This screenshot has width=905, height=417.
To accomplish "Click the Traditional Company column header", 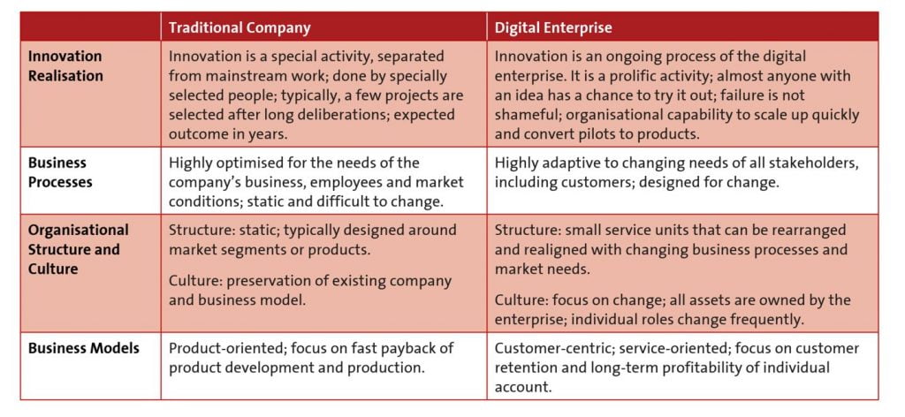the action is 240,27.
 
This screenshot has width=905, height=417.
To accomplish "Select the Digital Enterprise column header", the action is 553,27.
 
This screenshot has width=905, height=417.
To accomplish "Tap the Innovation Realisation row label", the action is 65,65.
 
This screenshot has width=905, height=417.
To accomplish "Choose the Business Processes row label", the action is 60,172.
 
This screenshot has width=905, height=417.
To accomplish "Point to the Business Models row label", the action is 84,348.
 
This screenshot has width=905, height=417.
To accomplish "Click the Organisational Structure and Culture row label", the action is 79,249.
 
